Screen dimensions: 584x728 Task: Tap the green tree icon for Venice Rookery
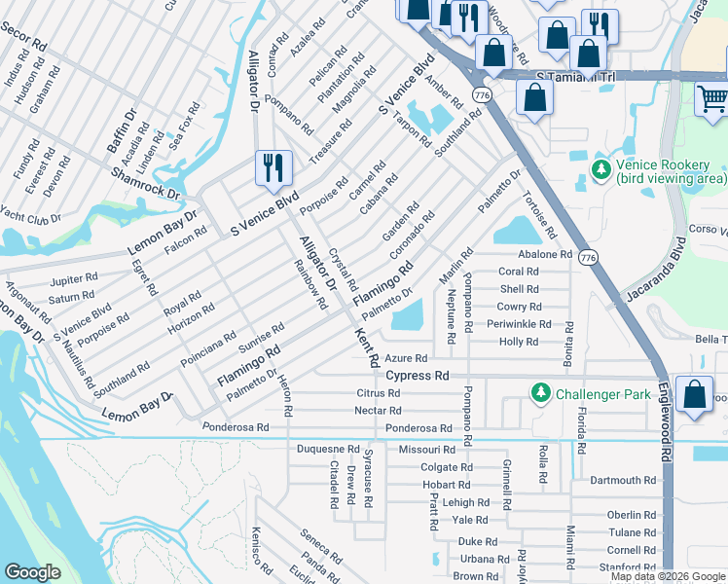tap(601, 171)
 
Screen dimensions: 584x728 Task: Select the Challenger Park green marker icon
tap(540, 393)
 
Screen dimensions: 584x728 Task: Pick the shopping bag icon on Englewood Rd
tap(694, 395)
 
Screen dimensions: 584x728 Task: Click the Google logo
tap(32, 572)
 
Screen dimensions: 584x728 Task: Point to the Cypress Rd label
tap(418, 376)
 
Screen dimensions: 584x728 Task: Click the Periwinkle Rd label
tap(519, 324)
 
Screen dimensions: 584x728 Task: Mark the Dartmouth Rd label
tap(623, 481)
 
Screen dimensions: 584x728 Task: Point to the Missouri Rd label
tap(426, 450)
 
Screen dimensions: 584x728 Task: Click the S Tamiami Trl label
tap(578, 75)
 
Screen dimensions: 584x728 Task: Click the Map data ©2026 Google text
tap(668, 576)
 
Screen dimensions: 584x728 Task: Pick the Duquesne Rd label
tap(328, 450)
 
